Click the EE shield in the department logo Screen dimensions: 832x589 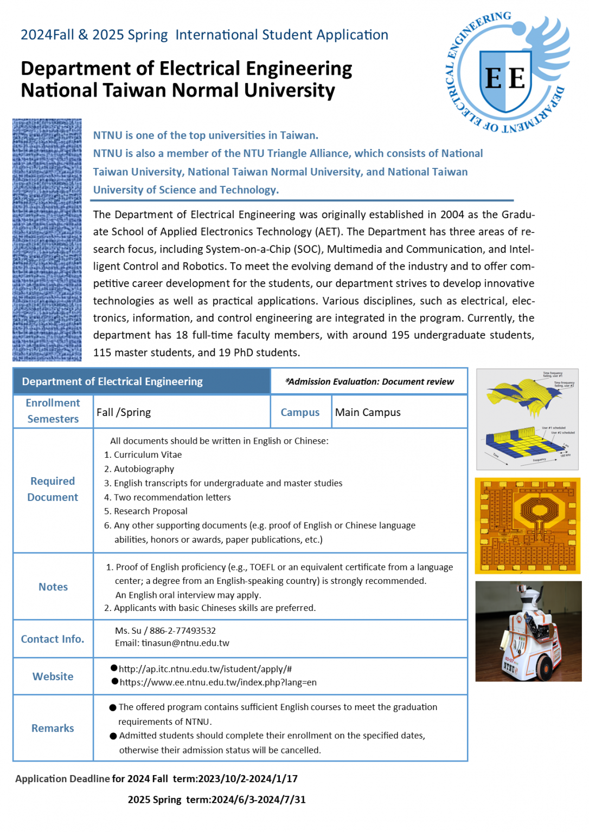coord(505,80)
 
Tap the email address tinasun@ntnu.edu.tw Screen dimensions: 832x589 coord(185,643)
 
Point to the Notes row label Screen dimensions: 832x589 coord(53,587)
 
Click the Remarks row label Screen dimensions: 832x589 coord(53,729)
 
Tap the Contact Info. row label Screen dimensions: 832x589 coord(53,640)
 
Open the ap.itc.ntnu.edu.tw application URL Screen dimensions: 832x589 coord(205,669)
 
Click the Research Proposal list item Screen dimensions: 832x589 coord(150,511)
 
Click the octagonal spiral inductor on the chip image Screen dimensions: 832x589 coord(539,509)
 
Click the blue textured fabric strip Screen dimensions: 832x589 coord(47,240)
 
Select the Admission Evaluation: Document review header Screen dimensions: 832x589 coord(369,382)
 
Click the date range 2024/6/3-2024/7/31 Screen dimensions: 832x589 coord(259,800)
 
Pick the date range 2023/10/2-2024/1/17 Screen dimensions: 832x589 coord(248,779)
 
